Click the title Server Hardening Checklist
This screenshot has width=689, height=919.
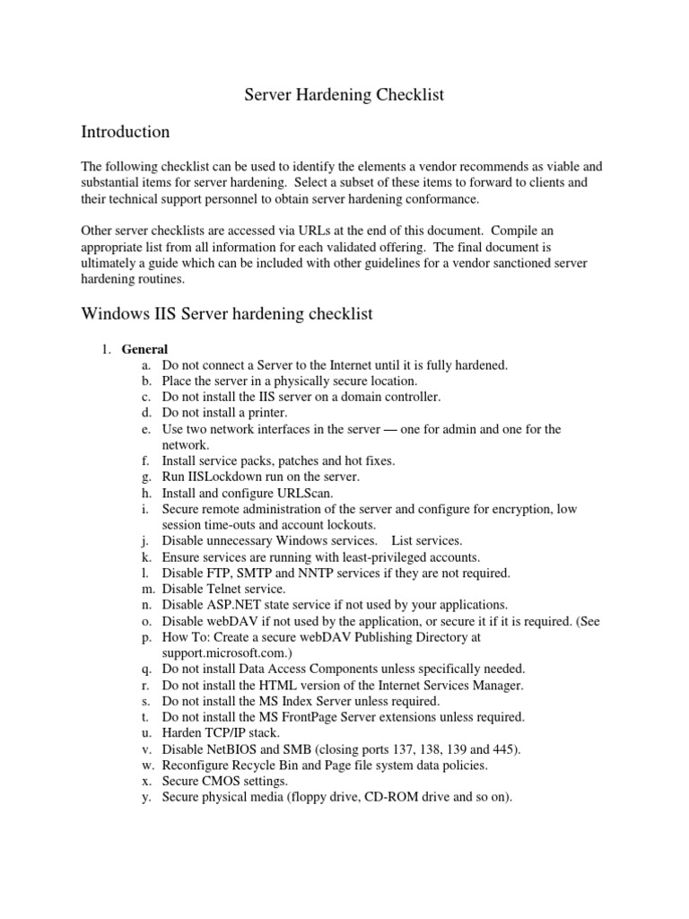click(344, 94)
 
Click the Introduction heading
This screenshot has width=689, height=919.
click(126, 132)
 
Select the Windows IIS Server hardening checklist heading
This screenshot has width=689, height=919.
click(226, 313)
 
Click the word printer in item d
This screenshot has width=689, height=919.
click(265, 413)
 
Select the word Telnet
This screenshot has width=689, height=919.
click(229, 588)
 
